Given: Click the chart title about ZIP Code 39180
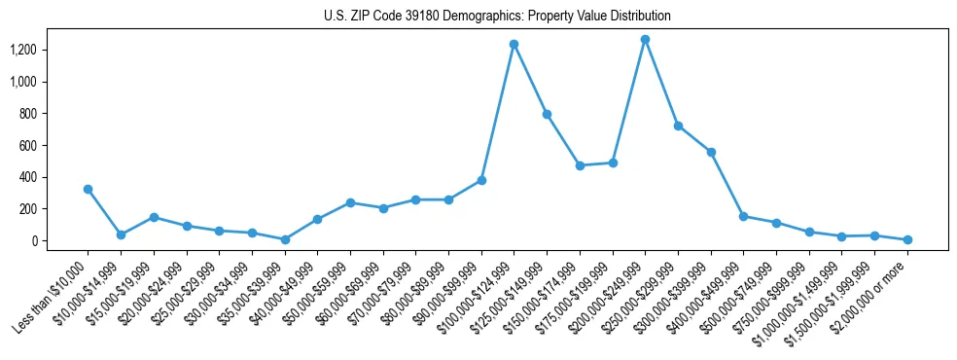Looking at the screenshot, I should pos(497,17).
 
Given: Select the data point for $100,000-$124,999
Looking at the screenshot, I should pos(514,44).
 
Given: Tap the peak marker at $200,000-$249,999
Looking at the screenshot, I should pos(645,39).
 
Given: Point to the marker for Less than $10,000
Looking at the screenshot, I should pos(88,189).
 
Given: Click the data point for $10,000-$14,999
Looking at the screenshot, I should pos(121,234).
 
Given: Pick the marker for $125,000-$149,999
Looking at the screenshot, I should pos(547,114).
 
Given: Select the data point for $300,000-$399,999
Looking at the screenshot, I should pos(711,152).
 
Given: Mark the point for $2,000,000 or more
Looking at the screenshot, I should pos(907,239).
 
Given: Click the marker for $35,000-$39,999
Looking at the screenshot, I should pos(284,239).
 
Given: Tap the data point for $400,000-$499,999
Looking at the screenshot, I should pos(743,216).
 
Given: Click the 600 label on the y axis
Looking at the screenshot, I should pos(43,145).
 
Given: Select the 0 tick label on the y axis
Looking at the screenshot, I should pos(48,240).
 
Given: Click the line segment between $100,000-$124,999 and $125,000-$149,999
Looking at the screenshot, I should pos(530,79).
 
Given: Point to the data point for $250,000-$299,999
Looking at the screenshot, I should pos(678,126).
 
